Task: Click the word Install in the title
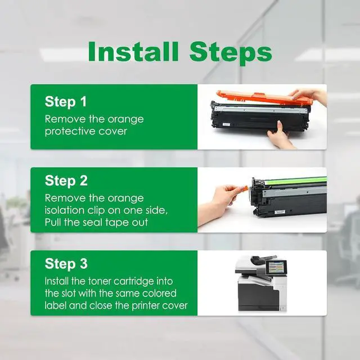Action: [x=133, y=51]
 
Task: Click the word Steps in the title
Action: [x=231, y=54]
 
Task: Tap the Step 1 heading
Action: [x=66, y=102]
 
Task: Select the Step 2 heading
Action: [x=66, y=181]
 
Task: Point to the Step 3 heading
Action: [x=66, y=264]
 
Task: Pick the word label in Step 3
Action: [x=55, y=305]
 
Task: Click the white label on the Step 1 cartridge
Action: [x=226, y=124]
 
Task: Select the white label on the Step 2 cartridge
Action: [x=280, y=212]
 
